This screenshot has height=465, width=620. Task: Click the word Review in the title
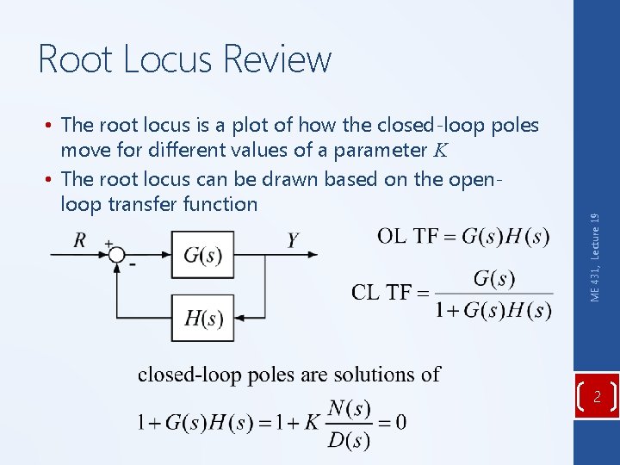[x=277, y=59]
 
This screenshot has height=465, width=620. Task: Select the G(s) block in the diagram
[x=202, y=255]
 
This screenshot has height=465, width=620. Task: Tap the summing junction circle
[x=115, y=254]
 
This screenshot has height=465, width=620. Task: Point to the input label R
[x=80, y=240]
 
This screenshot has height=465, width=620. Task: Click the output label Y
[x=293, y=240]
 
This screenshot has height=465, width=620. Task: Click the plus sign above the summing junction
[x=108, y=243]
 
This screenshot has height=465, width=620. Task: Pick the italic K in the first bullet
[x=439, y=152]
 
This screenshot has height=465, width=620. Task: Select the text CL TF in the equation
[x=379, y=293]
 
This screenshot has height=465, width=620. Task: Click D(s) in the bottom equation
[x=349, y=441]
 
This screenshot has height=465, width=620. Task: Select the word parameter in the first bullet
[x=373, y=151]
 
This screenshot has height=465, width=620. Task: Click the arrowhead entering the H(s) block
[x=240, y=318]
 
